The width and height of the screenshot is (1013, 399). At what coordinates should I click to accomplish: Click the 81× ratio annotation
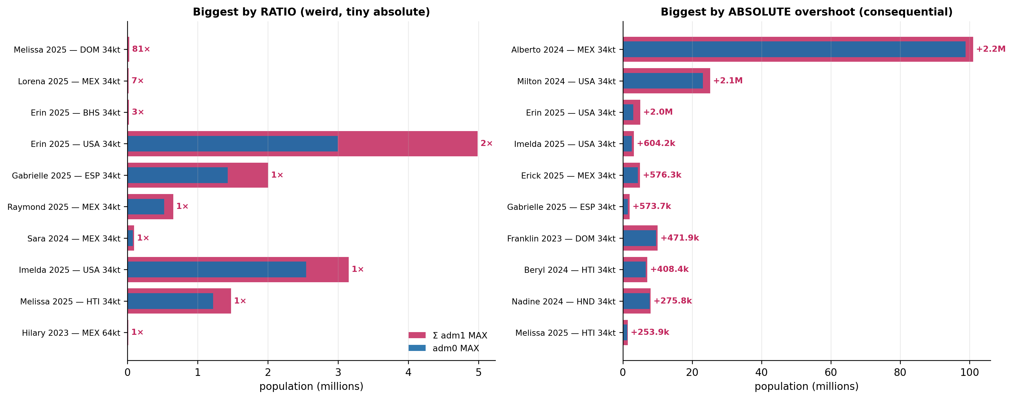[141, 49]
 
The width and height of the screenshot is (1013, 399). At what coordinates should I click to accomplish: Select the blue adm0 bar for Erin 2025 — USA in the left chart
[233, 144]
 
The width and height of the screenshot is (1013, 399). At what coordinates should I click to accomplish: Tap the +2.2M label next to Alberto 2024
[991, 49]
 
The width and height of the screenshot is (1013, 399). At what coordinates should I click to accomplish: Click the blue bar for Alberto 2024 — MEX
[794, 49]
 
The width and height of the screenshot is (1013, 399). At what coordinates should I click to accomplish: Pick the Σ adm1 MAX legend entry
[448, 335]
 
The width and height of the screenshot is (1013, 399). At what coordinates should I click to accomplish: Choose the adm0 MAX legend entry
[444, 348]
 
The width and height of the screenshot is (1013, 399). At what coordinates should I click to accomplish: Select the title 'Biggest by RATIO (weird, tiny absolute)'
[311, 12]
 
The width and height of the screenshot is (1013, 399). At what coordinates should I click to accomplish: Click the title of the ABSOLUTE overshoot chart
[807, 12]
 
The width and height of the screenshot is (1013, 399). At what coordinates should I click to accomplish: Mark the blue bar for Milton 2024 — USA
[663, 81]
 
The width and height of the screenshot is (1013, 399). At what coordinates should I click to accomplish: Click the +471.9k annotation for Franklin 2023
[679, 238]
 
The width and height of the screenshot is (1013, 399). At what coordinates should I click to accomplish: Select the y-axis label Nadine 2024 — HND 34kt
[564, 301]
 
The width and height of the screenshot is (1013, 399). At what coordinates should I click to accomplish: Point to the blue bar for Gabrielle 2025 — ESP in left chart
[178, 175]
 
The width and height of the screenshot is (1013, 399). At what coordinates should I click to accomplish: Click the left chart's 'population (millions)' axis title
[311, 387]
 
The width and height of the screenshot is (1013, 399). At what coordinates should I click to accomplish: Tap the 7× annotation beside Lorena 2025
[138, 81]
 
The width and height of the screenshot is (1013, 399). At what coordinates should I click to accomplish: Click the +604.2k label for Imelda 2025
[656, 144]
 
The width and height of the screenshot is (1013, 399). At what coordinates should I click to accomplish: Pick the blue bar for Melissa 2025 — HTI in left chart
[170, 301]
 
